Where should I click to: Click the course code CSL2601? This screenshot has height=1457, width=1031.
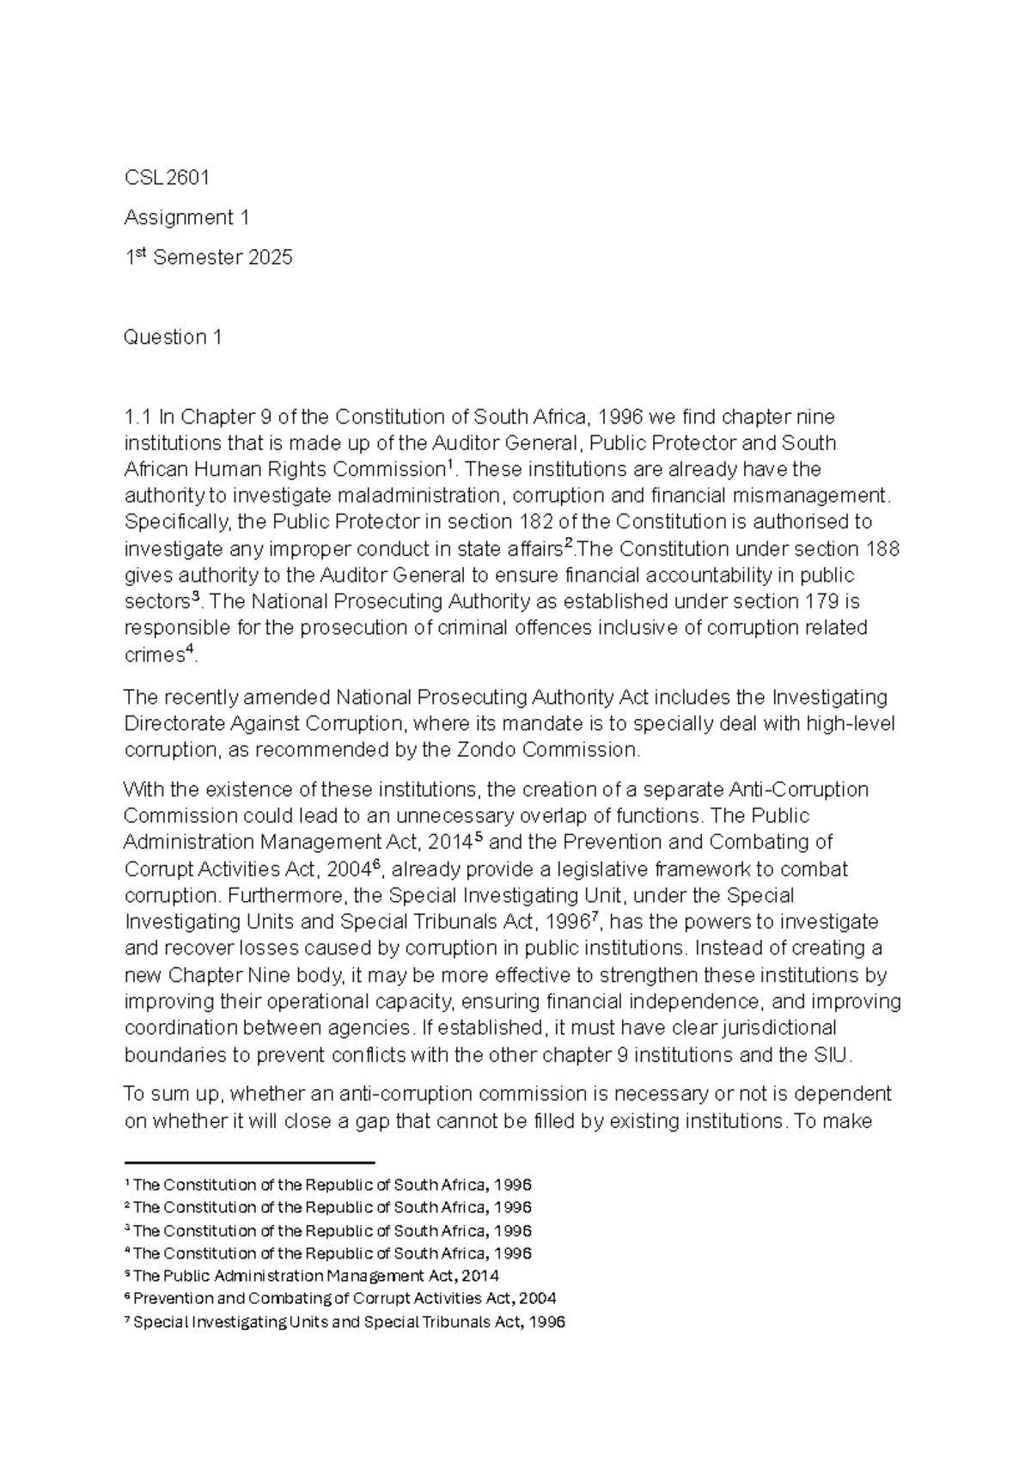click(x=167, y=178)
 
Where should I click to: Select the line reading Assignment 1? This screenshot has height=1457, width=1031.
click(x=186, y=218)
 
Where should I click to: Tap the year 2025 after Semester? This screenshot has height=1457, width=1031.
click(x=270, y=258)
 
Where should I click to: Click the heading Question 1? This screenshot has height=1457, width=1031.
click(x=173, y=338)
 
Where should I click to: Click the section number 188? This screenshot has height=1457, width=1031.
click(x=882, y=549)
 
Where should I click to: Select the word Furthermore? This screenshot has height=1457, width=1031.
click(x=176, y=895)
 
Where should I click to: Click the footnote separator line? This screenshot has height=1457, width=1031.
click(x=249, y=1161)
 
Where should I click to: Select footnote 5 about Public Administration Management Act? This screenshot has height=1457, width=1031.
click(x=312, y=1276)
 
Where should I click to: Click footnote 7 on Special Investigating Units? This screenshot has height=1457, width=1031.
click(x=345, y=1322)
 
